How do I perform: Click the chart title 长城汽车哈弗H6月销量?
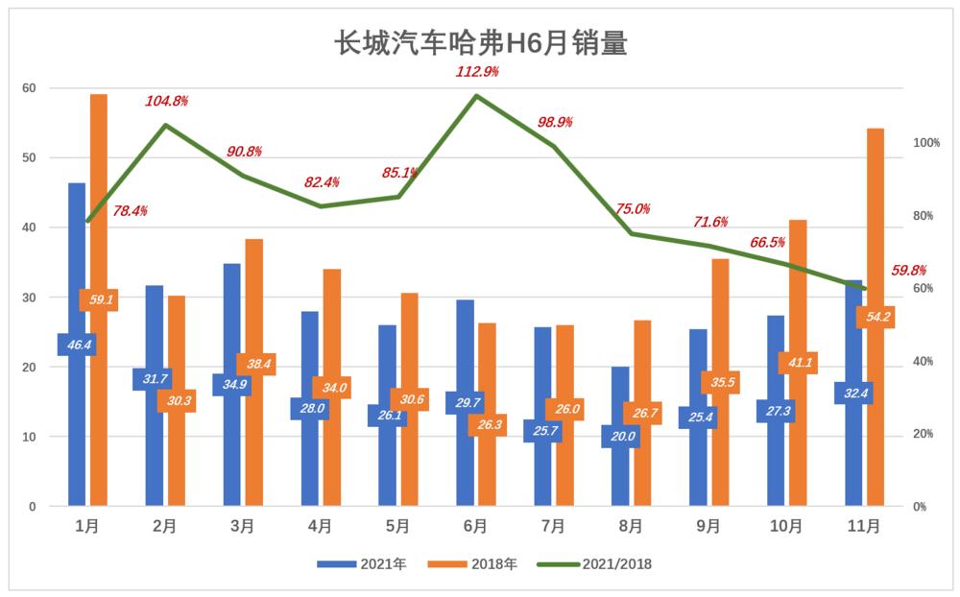479,43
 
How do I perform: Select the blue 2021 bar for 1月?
77,269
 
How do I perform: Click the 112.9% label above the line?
477,72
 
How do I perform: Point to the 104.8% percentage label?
166,101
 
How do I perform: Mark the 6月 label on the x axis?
475,526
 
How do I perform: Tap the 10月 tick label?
786,526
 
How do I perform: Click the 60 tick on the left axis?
29,88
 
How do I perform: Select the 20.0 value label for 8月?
620,436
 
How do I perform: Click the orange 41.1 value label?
798,363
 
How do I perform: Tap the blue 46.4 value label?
76,344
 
